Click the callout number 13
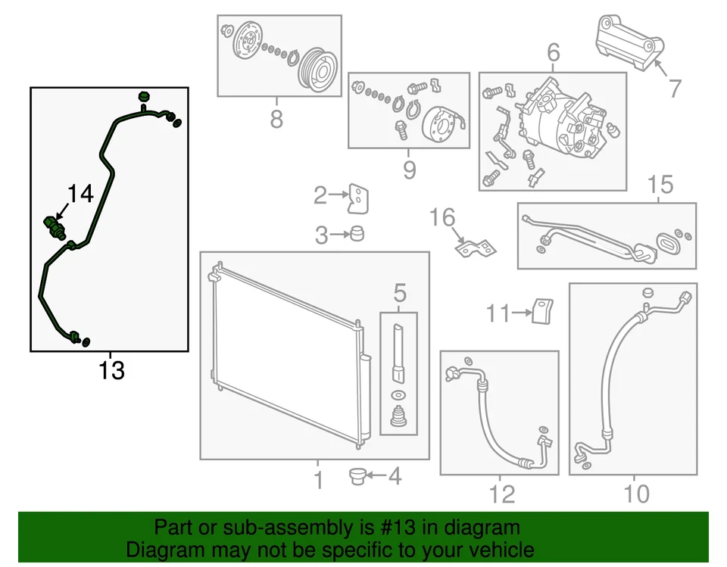coord(111,371)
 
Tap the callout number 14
coord(81,194)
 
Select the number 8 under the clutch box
coord(276,119)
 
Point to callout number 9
coord(409,170)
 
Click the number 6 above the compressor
coord(553,53)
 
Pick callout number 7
coord(674,89)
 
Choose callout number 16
coord(443,218)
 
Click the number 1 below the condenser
coord(318,480)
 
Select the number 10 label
coord(638,494)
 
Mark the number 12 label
coord(502,494)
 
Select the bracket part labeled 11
coord(542,310)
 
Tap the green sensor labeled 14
coord(54,225)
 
